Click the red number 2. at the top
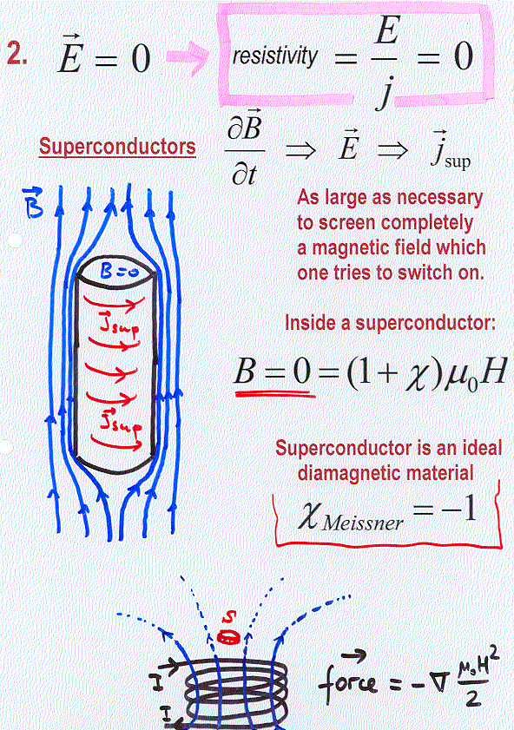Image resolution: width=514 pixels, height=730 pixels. [16, 53]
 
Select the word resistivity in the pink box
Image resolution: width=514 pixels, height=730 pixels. [274, 56]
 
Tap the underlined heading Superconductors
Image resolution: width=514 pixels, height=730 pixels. [117, 147]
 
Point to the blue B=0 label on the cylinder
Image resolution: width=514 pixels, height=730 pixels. [119, 271]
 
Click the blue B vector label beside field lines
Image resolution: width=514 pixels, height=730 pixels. [33, 203]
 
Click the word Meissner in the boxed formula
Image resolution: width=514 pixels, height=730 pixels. [363, 523]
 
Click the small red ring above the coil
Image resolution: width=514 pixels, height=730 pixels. [228, 637]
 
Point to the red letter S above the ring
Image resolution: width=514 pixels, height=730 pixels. [228, 617]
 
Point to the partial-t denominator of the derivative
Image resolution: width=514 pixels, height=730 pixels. [245, 174]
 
